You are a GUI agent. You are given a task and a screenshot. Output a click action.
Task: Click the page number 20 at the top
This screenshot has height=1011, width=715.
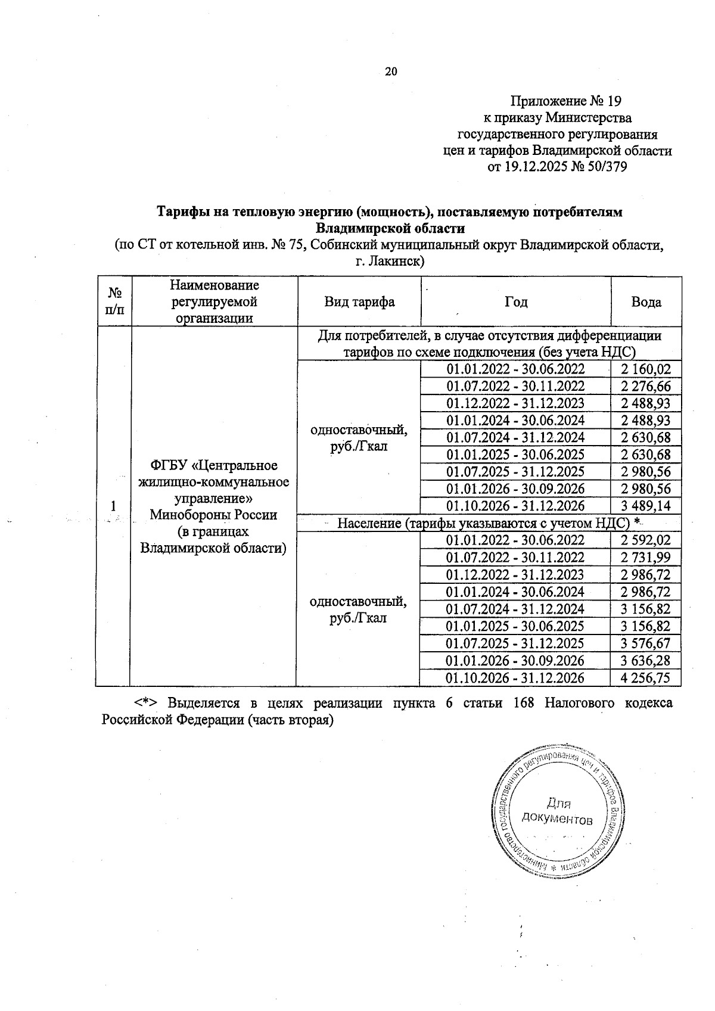(x=391, y=72)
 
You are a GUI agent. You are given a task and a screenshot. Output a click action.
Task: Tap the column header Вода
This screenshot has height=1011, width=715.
(x=646, y=302)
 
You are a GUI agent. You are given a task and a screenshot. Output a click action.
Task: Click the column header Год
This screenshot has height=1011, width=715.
(x=516, y=302)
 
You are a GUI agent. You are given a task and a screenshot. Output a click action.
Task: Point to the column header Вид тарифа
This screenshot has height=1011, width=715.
(x=359, y=302)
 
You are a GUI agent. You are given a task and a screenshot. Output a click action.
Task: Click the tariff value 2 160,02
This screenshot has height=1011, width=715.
(x=646, y=369)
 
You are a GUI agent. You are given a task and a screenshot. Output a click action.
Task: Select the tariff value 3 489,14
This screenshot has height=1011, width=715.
(x=646, y=506)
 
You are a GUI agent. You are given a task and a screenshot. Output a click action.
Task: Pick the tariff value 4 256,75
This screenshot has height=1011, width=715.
(x=646, y=678)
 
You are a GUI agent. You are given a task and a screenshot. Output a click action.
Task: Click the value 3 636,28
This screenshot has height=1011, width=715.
(x=646, y=661)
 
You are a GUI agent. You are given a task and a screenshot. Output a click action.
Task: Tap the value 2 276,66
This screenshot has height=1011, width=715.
(x=646, y=387)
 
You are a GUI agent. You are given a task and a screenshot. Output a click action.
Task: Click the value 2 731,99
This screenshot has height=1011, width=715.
(x=646, y=558)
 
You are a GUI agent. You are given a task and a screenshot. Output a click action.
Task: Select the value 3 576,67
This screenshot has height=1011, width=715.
(x=646, y=643)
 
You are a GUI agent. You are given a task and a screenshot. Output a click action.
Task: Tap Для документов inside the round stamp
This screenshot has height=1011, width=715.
(x=557, y=810)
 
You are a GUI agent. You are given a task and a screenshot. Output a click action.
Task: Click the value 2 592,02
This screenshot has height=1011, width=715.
(x=646, y=540)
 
